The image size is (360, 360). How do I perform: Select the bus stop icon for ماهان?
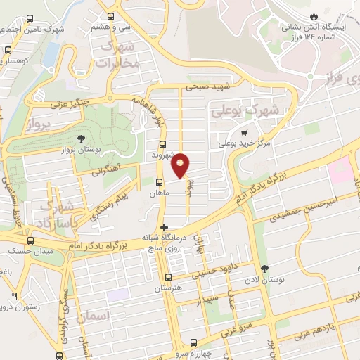coord(159,181)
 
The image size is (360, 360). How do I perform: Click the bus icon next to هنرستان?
coord(167,277)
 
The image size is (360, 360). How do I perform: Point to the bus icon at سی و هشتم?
coord(110,16)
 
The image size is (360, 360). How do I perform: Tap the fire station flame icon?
coord(314,15)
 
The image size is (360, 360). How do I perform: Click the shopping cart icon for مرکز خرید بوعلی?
coord(244,131)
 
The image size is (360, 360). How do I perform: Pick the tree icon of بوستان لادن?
coord(264,269)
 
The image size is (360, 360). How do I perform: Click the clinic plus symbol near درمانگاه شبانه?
coord(164,227)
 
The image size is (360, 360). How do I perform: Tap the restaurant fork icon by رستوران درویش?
coord(14,296)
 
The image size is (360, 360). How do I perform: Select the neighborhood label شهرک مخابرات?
coord(118,54)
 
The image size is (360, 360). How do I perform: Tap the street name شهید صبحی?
coord(209,86)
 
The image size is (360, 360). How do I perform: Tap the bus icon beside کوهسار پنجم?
coord(8,51)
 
